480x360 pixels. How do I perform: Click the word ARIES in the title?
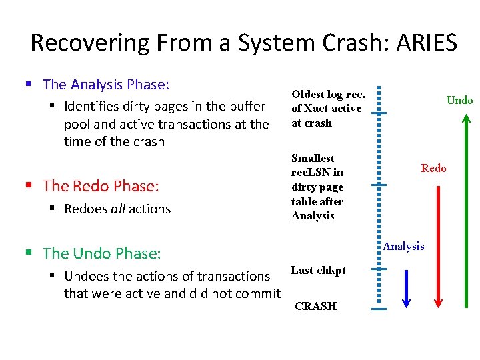point(427,43)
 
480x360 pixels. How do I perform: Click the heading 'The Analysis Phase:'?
point(106,85)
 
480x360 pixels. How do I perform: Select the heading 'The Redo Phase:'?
point(98,186)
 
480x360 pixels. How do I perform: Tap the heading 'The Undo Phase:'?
point(101,253)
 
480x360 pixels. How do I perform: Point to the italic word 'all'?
point(117,209)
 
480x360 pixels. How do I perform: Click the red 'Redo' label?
point(433,168)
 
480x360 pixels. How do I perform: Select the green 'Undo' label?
point(459,101)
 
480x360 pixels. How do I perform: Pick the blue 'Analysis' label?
point(403,246)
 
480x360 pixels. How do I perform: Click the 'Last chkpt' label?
point(318,270)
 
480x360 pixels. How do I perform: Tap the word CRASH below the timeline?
point(315,306)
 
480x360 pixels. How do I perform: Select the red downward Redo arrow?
point(438,247)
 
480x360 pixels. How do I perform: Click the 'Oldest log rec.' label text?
point(327,94)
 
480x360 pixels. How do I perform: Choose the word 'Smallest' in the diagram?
point(313,158)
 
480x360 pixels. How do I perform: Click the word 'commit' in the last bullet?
point(257,293)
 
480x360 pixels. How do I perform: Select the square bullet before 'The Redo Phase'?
point(29,186)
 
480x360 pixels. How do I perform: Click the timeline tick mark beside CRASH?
point(379,309)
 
